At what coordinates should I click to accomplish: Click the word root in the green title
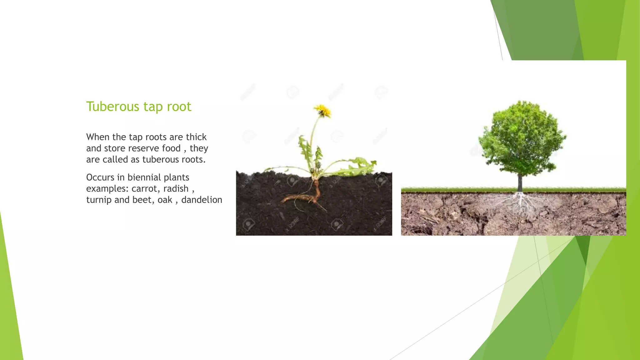[179, 107]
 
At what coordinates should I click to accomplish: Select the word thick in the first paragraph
[196, 137]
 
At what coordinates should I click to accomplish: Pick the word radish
[176, 189]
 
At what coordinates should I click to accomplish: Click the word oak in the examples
[165, 200]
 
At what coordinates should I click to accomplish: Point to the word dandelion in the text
[202, 200]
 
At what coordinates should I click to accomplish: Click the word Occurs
[100, 177]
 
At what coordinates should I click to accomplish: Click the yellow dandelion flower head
[323, 111]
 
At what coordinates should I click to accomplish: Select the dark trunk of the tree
[520, 183]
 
